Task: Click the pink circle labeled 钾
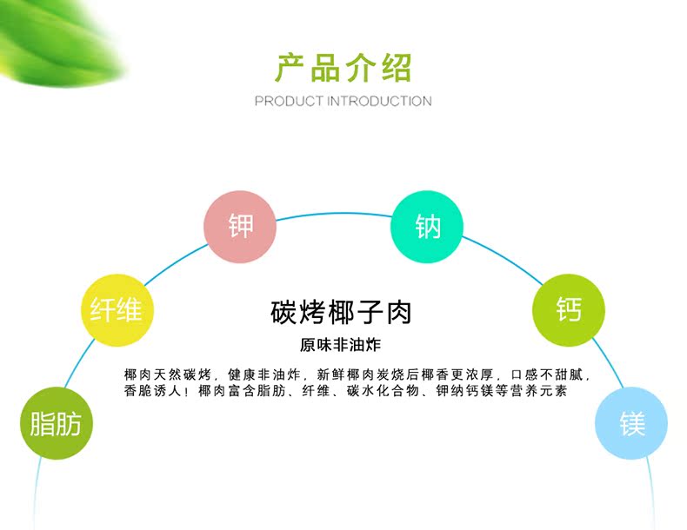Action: pyautogui.click(x=240, y=227)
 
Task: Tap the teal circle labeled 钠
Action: pyautogui.click(x=427, y=227)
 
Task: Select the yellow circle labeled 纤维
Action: pyautogui.click(x=117, y=310)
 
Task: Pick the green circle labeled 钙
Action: pyautogui.click(x=569, y=310)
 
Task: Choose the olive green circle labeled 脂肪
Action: pyautogui.click(x=57, y=423)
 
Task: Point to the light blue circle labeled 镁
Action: pyautogui.click(x=631, y=423)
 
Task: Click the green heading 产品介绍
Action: pyautogui.click(x=343, y=68)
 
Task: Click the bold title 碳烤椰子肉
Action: pyautogui.click(x=341, y=312)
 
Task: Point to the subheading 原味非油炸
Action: pyautogui.click(x=340, y=345)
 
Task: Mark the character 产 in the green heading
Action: pyautogui.click(x=290, y=68)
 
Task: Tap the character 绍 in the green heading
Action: pyautogui.click(x=397, y=68)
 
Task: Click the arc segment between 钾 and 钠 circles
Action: pyautogui.click(x=334, y=214)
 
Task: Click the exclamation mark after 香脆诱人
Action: pyautogui.click(x=187, y=391)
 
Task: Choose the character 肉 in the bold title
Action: pyautogui.click(x=399, y=313)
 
